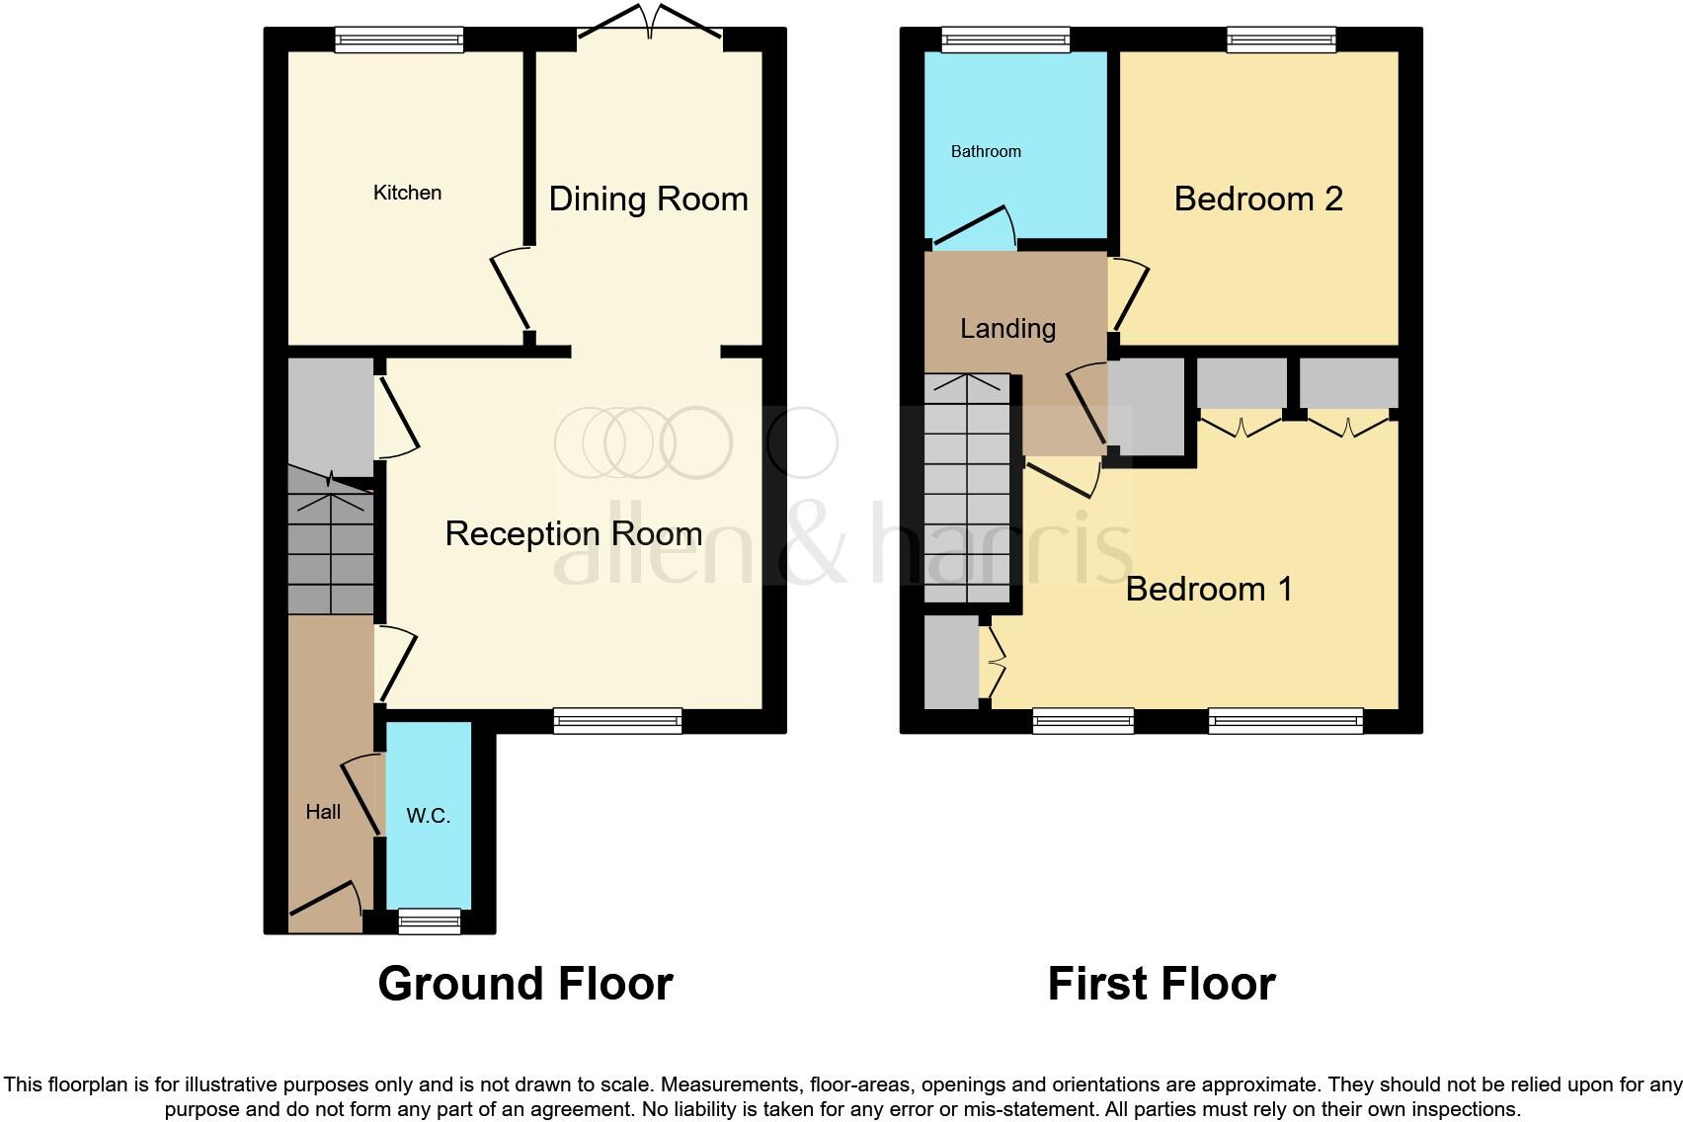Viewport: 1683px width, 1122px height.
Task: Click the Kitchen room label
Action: [x=407, y=193]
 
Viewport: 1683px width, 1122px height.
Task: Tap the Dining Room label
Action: [x=648, y=199]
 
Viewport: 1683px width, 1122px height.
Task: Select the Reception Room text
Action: [x=573, y=533]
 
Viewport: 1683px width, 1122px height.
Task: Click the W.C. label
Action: [x=428, y=816]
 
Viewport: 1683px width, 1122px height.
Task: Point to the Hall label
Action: [x=323, y=812]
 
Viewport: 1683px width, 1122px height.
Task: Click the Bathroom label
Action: [x=986, y=151]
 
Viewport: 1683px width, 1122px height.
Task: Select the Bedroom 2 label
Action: [x=1257, y=199]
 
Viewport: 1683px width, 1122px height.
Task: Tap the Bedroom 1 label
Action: [x=1208, y=589]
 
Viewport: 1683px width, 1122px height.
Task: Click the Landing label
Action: [x=1007, y=328]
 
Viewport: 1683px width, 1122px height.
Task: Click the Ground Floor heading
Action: [x=525, y=984]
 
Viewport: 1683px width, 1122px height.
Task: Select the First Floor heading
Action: [x=1161, y=984]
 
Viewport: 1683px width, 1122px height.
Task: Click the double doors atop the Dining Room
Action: [x=650, y=25]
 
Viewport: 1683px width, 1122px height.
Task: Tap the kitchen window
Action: [x=398, y=40]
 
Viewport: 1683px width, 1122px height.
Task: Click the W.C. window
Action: [x=429, y=921]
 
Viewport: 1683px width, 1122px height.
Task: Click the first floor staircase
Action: [x=967, y=489]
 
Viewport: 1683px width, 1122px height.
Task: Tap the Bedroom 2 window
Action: [x=1281, y=40]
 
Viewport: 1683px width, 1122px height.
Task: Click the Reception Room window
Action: [x=617, y=721]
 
